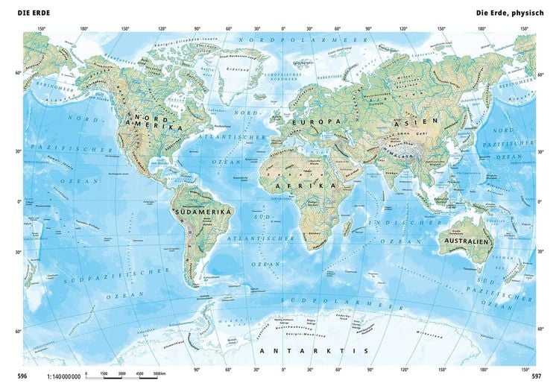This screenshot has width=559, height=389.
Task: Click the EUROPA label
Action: [314, 121]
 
